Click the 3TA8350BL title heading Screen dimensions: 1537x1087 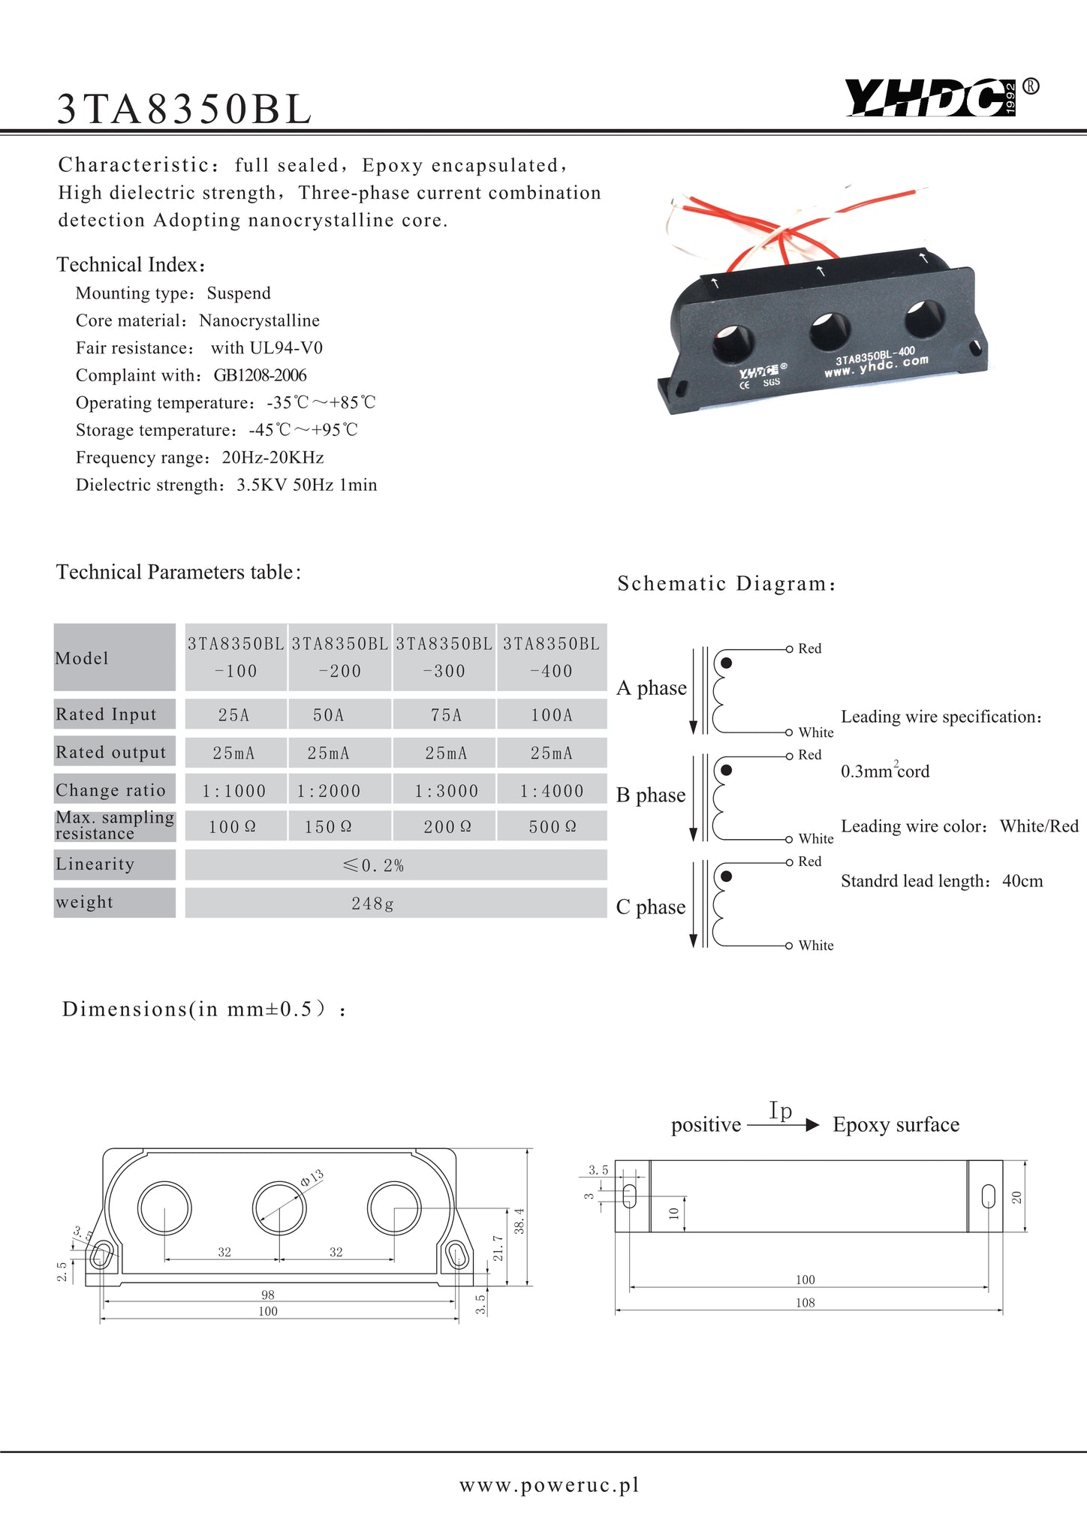185,110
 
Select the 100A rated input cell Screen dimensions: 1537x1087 552,715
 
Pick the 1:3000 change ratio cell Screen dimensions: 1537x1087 447,791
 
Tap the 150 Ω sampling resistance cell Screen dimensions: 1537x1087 328,827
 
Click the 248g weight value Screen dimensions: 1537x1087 373,904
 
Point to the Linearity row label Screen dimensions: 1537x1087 95,865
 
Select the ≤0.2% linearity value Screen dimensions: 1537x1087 373,865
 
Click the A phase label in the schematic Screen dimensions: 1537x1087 652,688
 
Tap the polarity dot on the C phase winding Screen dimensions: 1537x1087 726,877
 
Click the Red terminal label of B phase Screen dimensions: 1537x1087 810,755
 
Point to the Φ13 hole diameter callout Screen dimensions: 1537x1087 312,1178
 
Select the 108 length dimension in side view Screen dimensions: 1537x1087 805,1303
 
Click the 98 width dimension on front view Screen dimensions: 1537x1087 268,1295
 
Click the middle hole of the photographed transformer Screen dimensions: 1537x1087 830,331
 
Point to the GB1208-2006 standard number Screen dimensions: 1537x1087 260,375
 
